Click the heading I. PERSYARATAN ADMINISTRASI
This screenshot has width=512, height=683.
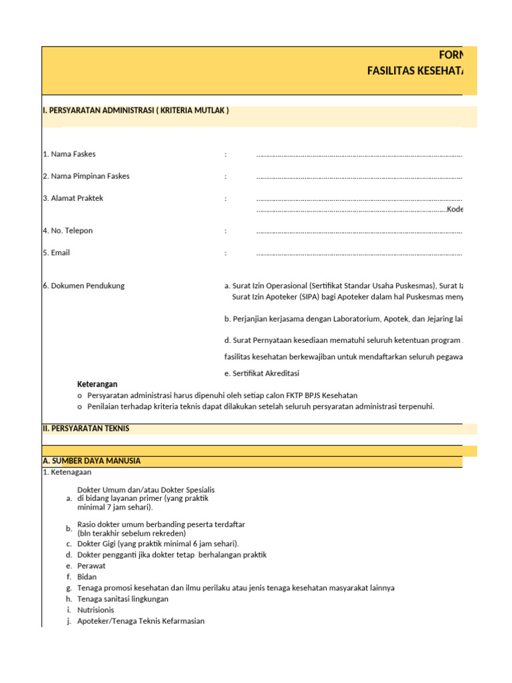[x=135, y=111]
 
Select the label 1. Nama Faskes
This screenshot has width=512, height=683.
[x=69, y=154]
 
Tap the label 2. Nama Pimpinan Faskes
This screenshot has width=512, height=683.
[x=86, y=176]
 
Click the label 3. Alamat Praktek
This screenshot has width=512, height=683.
[x=73, y=198]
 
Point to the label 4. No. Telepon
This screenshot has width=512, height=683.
[x=68, y=231]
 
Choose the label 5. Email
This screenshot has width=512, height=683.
[x=56, y=253]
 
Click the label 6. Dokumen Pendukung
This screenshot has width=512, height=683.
[x=83, y=285]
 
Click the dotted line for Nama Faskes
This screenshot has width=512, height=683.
[x=359, y=155]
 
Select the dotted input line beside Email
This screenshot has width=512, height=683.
[x=359, y=253]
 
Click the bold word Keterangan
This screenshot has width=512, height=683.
[x=97, y=384]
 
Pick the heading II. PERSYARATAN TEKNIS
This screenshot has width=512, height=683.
[x=85, y=429]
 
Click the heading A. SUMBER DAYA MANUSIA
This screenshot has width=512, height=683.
[x=91, y=461]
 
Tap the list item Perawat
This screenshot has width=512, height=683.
[x=91, y=566]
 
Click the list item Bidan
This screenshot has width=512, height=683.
[x=87, y=577]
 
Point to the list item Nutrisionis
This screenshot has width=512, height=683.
[x=95, y=610]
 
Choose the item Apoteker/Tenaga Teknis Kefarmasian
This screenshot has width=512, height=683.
[x=141, y=621]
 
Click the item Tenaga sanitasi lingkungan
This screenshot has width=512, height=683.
[x=123, y=599]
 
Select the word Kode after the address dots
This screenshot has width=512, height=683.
[x=455, y=209]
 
